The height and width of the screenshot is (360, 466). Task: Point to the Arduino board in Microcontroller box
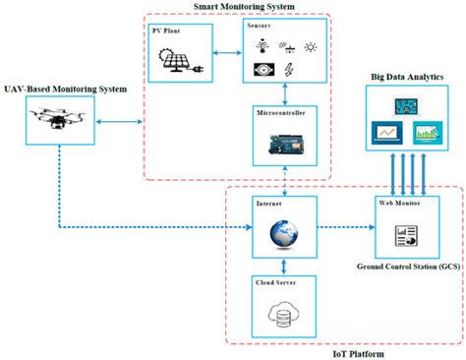pyautogui.click(x=283, y=148)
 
